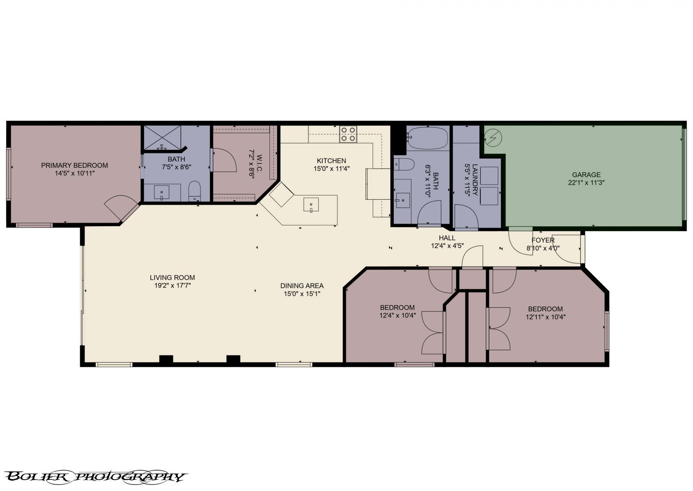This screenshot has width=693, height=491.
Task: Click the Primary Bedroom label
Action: tap(74, 165)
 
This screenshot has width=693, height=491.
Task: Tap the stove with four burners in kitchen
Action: tap(348, 134)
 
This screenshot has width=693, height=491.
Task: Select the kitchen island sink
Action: tap(311, 205)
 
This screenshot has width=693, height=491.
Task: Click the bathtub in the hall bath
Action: tap(427, 138)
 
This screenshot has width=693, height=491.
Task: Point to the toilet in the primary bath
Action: tap(195, 191)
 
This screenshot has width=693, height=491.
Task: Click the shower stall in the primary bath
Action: tap(162, 138)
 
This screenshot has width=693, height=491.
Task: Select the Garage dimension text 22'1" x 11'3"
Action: tap(586, 182)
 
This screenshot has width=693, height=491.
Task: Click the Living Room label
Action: tap(172, 277)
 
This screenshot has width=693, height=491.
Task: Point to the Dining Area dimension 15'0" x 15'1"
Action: tap(302, 293)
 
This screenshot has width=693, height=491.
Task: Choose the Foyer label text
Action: tap(543, 240)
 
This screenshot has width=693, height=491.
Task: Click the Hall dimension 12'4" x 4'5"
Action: tap(447, 245)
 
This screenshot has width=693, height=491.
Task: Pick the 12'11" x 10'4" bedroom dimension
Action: tap(545, 317)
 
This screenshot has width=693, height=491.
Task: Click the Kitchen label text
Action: tap(331, 161)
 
